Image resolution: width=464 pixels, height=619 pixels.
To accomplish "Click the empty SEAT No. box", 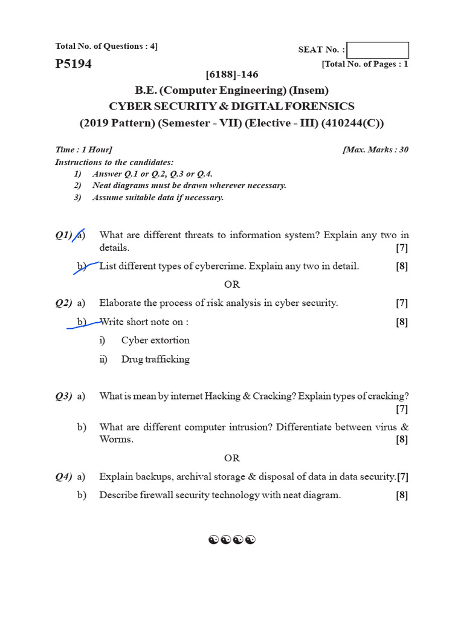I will click(x=378, y=50).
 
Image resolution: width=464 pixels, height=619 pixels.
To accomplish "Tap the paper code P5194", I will click(x=73, y=64).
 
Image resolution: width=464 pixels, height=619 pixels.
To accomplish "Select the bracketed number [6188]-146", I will click(x=232, y=74).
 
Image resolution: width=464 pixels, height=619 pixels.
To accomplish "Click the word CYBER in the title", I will click(x=129, y=106).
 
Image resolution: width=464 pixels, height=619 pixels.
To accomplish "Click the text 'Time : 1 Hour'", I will click(x=83, y=150).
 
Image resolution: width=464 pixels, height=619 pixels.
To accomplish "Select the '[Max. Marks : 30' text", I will click(x=375, y=150).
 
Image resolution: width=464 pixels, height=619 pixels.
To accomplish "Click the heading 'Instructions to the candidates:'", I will click(x=114, y=162).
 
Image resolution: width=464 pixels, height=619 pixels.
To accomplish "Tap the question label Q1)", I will click(x=63, y=235).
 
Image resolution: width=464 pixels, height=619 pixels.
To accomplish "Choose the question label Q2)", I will click(x=63, y=303).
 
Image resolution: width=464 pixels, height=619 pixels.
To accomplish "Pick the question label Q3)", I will click(x=63, y=396).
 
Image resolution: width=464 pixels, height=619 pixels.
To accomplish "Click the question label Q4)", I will click(x=63, y=476).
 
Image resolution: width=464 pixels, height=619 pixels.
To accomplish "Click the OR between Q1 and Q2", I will click(x=232, y=284).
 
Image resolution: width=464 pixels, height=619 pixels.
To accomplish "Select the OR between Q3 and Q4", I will click(x=232, y=458).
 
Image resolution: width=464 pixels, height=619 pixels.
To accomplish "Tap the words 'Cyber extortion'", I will click(x=155, y=340).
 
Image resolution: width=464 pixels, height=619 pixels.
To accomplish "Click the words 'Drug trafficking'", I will click(x=155, y=359).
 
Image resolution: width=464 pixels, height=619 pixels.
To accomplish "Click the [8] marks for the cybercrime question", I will click(x=402, y=266).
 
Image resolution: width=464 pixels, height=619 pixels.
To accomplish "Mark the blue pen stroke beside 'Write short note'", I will click(x=85, y=325).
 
